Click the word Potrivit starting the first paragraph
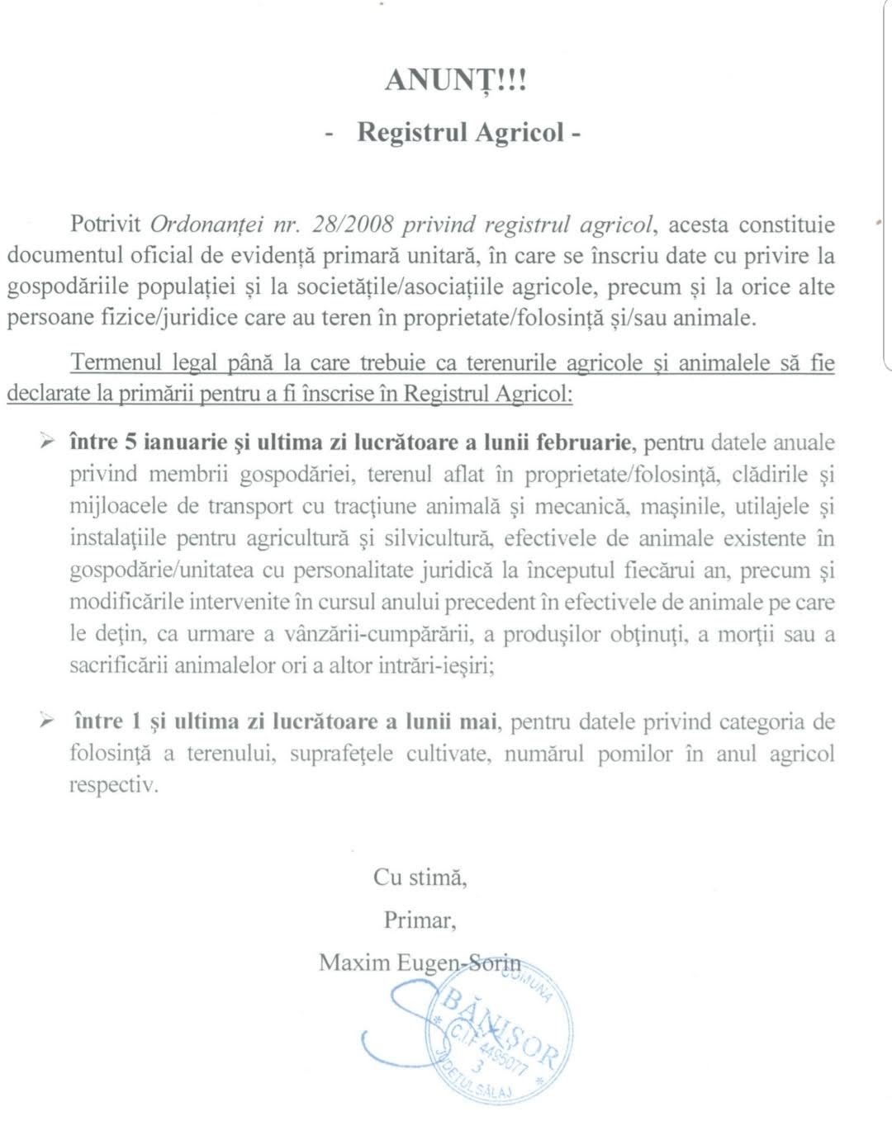(106, 225)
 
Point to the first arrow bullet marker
(47, 442)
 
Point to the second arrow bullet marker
(47, 722)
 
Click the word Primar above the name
(420, 919)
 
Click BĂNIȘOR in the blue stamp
(501, 1022)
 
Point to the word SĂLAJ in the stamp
(492, 1090)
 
